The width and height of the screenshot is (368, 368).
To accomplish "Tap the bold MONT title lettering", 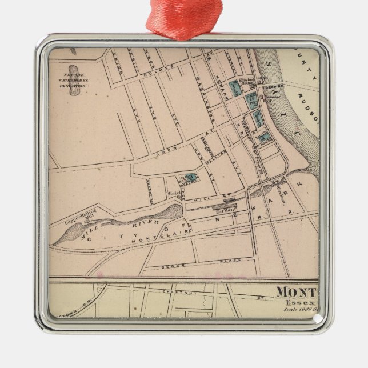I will [x=298, y=292].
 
